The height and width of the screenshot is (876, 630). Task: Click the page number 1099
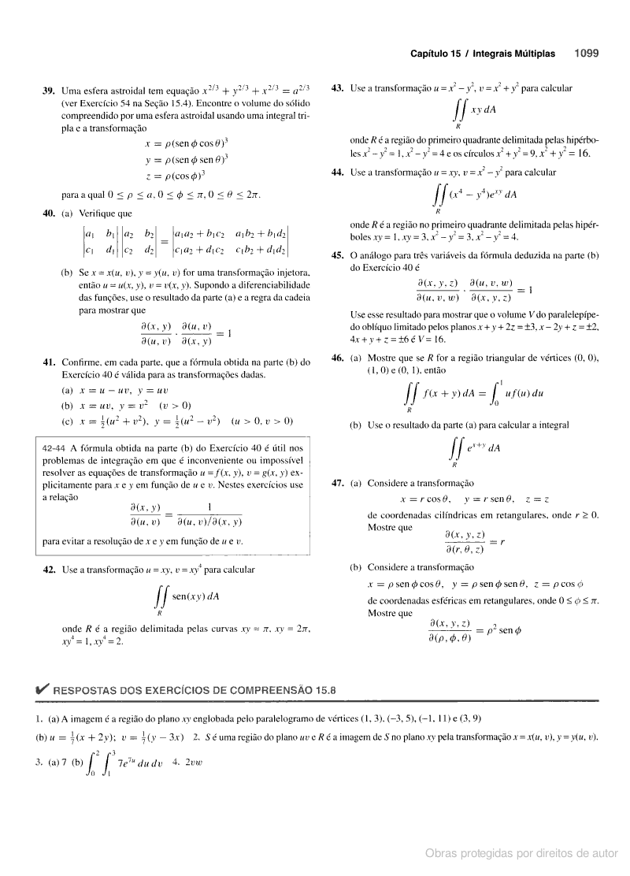(x=587, y=54)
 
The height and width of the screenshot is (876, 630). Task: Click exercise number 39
(x=47, y=91)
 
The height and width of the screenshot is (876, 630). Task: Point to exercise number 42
(x=47, y=568)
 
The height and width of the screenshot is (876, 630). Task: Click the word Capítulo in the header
(x=433, y=54)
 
